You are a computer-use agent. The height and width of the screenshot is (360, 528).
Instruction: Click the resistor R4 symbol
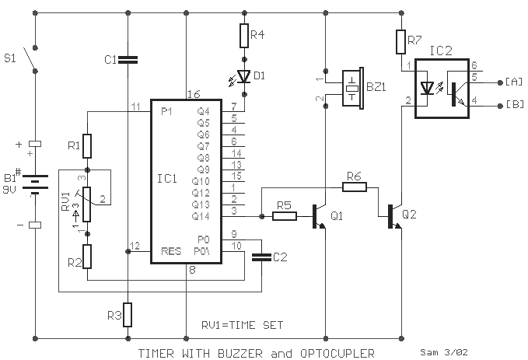243,35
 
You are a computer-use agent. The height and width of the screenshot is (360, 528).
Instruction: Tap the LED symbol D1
243,75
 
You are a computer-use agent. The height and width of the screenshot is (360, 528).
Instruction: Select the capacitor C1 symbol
127,58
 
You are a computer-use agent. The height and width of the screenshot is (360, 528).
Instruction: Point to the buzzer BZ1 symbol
354,87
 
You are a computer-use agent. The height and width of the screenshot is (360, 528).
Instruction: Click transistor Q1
318,215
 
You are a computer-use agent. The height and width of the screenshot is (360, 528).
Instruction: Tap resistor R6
354,186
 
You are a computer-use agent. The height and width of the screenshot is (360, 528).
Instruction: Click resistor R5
285,215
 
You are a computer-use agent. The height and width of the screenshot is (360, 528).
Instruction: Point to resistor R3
127,315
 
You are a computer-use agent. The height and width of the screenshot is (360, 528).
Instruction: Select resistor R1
87,146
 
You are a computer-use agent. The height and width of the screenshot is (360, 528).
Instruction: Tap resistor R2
87,255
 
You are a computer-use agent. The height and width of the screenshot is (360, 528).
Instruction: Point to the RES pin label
171,251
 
